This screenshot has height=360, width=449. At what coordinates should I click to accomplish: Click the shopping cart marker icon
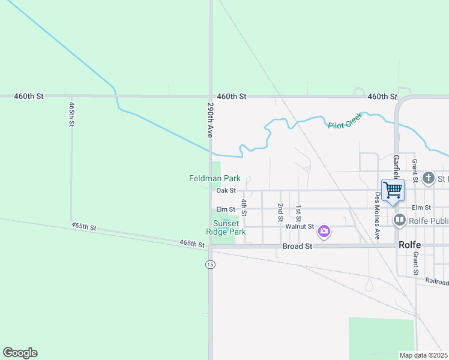point(393,190)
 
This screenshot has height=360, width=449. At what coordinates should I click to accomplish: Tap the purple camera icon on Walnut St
point(324,231)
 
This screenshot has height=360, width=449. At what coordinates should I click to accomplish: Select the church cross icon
point(428,178)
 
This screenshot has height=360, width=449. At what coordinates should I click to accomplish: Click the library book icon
point(400,221)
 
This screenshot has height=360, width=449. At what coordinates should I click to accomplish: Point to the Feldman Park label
point(214,178)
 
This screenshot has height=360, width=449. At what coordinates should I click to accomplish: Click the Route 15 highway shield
point(210,265)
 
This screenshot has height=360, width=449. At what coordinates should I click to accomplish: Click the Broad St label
point(298,247)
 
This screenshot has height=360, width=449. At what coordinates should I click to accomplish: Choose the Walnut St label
point(300,226)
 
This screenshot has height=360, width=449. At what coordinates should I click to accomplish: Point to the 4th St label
point(244,207)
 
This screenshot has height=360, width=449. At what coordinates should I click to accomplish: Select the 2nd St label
point(280,211)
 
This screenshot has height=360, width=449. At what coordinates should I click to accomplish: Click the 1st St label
point(298,213)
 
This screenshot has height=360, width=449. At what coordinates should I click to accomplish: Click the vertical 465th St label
point(71,114)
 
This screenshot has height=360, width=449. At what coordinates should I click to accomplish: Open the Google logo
point(20,353)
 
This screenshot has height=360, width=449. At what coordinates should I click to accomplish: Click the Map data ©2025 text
point(423,355)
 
